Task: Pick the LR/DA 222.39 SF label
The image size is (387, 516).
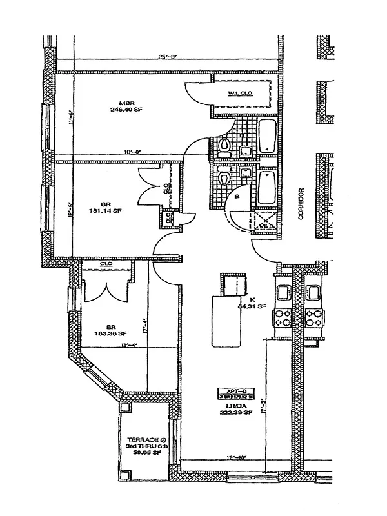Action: click(230, 408)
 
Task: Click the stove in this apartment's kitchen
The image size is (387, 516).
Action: click(283, 318)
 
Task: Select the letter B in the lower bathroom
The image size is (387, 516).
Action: click(237, 196)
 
